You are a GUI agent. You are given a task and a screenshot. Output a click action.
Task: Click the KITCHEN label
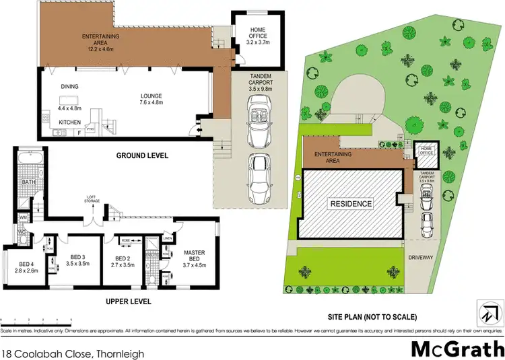pyautogui.click(x=69, y=122)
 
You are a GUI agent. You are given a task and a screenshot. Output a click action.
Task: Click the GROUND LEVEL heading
pyautogui.click(x=141, y=156)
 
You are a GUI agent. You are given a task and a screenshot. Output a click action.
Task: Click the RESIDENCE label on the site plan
pyautogui.click(x=350, y=203)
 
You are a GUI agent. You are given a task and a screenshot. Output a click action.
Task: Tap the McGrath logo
pyautogui.click(x=457, y=349)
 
